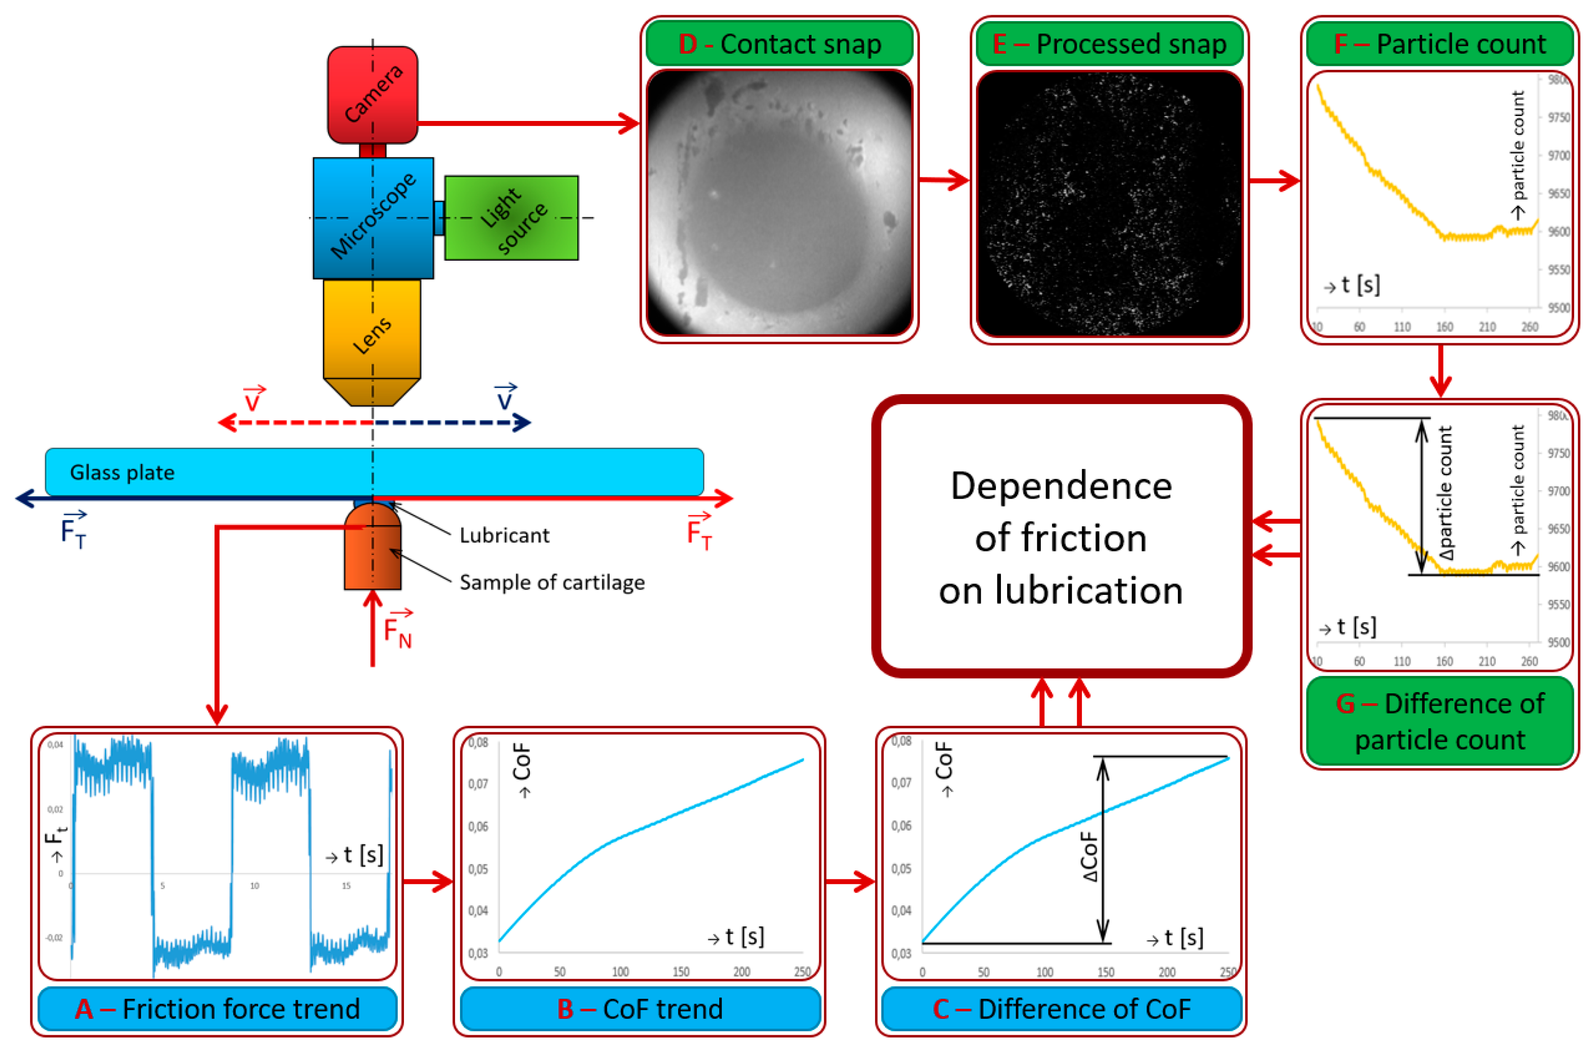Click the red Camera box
click(372, 94)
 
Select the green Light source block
click(511, 218)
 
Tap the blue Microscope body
click(373, 218)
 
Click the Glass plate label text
click(123, 473)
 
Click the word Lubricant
click(504, 536)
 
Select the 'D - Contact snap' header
click(779, 44)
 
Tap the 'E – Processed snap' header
click(1109, 44)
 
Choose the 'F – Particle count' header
click(1440, 44)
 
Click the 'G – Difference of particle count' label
click(1440, 722)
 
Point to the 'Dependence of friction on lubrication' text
click(1061, 538)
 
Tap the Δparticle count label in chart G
click(1445, 494)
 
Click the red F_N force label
click(397, 631)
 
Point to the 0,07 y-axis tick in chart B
click(478, 784)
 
